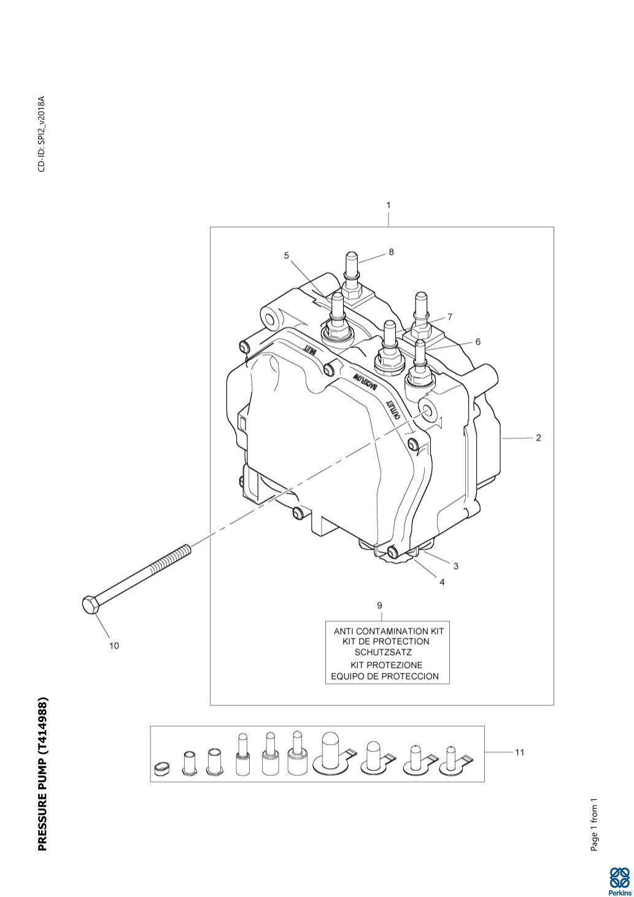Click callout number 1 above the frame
pos(389,205)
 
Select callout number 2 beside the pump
pos(538,438)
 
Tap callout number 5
pos(286,256)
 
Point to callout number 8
pos(391,252)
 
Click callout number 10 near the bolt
pos(114,645)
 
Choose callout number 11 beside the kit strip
pos(519,752)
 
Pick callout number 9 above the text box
pos(380,606)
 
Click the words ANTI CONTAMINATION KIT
pos(388,631)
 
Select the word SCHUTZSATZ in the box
pos(383,652)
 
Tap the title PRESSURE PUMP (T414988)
pos(42,774)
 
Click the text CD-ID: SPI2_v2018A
pos(42,134)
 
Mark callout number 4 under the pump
pos(442,582)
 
